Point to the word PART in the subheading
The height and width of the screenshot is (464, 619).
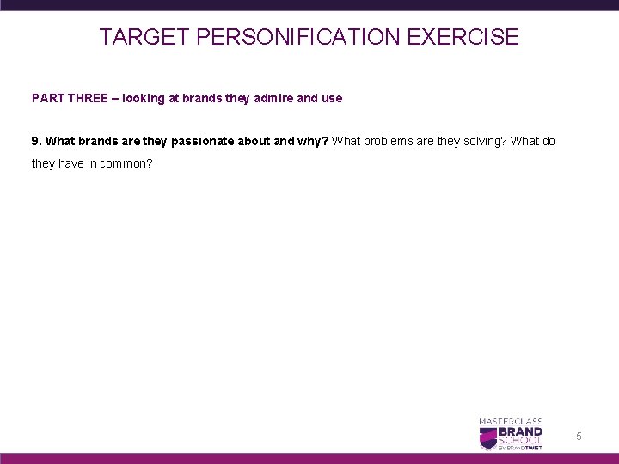(x=47, y=99)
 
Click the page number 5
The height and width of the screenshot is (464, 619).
(x=579, y=437)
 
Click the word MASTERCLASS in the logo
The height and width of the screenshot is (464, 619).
(x=510, y=421)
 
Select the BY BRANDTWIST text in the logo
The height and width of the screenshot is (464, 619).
(x=523, y=448)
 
